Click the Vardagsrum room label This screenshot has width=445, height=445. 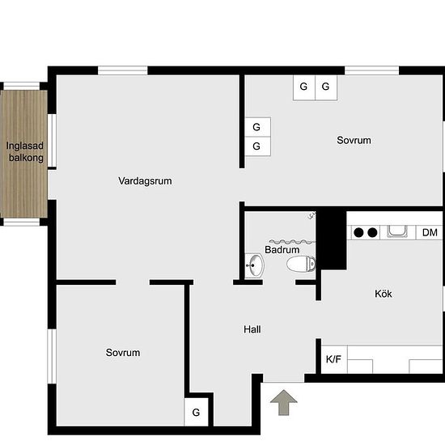tap(145, 181)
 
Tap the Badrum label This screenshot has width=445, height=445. tap(282, 250)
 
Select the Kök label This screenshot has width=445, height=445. tap(384, 294)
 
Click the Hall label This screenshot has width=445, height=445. tap(252, 329)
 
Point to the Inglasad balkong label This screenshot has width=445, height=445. tap(25, 151)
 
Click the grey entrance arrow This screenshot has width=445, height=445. tap(283, 402)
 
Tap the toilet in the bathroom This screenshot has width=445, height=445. tap(301, 264)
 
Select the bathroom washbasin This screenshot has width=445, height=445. tap(255, 265)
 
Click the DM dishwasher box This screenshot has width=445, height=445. tap(429, 232)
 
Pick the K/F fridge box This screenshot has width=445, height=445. tap(334, 359)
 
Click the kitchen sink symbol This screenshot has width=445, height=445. tap(397, 231)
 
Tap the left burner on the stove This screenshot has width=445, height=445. tap(358, 232)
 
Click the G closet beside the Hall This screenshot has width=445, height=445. tap(196, 412)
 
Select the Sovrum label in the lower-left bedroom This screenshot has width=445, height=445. tap(123, 353)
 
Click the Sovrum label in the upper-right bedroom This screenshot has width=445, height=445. tap(354, 140)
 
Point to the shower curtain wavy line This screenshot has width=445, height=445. tap(292, 242)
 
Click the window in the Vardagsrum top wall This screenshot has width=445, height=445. tap(123, 70)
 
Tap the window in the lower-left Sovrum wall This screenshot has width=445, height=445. tap(52, 356)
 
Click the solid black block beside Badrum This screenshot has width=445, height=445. tap(331, 239)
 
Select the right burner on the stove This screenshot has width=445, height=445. tap(372, 232)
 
